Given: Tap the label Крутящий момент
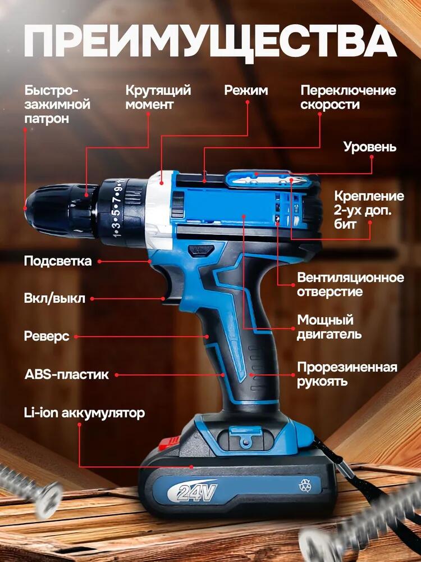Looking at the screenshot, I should (158, 97).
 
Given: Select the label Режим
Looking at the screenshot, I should (246, 90).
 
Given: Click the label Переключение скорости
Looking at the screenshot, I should (348, 97).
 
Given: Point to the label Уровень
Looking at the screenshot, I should (370, 147).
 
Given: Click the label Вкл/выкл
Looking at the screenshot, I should (54, 298).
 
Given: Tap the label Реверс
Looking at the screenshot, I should (47, 336).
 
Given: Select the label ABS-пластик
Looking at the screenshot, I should (66, 374).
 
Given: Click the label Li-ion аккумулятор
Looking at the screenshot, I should (84, 413).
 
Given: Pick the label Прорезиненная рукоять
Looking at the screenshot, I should (347, 374).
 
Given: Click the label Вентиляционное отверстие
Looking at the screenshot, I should (350, 284).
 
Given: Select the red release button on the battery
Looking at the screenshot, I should (168, 444).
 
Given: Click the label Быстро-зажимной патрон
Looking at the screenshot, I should (58, 105).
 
